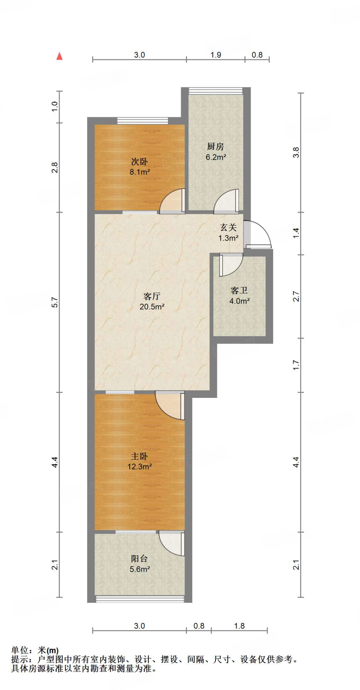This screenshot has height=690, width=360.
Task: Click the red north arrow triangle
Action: [60, 56]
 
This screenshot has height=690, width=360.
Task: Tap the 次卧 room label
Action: [139, 162]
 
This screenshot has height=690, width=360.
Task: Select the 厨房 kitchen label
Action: [216, 147]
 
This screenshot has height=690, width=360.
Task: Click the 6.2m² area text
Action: [216, 157]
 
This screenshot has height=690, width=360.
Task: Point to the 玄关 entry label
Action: [229, 228]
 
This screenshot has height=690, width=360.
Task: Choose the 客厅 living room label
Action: [152, 296]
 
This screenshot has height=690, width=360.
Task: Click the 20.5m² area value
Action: [152, 307]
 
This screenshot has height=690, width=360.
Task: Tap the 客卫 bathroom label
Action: [239, 290]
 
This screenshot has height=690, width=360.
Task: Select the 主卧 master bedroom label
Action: [139, 456]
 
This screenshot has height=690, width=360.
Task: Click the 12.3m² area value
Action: [139, 467]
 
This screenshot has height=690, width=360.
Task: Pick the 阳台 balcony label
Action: [139, 559]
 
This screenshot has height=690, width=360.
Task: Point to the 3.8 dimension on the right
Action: [296, 152]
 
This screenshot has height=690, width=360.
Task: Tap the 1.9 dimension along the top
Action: [216, 55]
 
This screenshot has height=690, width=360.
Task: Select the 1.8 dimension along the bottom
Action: [239, 626]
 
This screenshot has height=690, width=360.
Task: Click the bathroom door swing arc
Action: [230, 264]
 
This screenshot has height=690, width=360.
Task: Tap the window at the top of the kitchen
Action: [216, 91]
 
